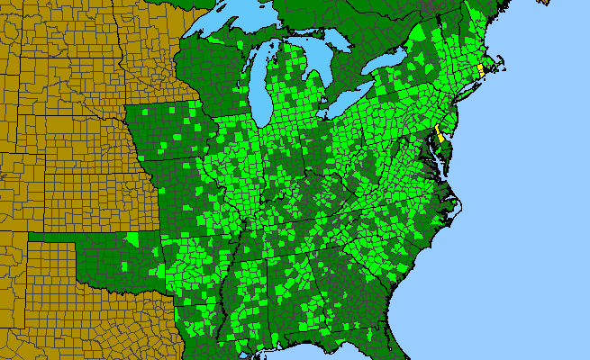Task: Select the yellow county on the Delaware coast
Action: tap(439, 139)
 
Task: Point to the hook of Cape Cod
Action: tap(499, 63)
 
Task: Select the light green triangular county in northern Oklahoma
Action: tap(133, 239)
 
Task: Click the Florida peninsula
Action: tap(401, 346)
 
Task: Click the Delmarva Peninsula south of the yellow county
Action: tap(441, 157)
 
